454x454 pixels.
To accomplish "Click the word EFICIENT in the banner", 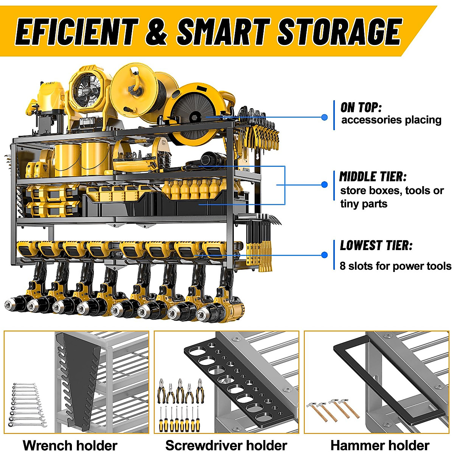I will (76, 31).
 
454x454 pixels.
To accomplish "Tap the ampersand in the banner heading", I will (156, 31).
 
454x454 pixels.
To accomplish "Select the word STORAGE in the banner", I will (339, 31).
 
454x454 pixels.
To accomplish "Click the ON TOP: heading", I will (361, 107).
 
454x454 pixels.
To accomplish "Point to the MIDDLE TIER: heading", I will (373, 177).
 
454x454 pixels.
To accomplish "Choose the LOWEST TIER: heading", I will (376, 246).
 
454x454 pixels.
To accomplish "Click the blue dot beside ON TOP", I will (324, 117).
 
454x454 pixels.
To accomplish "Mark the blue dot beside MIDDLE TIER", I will (324, 185).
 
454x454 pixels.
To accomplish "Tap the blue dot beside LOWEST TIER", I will (324, 255).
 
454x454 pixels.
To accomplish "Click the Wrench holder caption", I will (70, 445).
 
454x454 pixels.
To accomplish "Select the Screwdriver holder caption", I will (226, 445).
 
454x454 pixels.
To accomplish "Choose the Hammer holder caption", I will (380, 445).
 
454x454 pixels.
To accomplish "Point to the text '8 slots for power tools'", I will (395, 266).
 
